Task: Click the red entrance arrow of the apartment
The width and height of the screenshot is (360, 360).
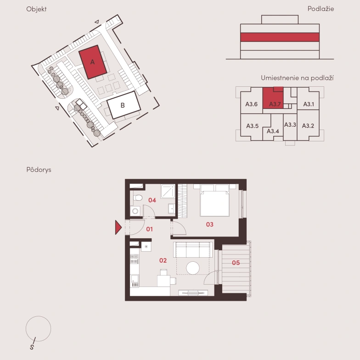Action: point(118,227)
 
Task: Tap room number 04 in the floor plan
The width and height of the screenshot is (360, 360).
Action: point(152,200)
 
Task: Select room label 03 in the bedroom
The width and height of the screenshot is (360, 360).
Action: point(209,224)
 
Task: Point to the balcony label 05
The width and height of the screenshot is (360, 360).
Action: point(236,263)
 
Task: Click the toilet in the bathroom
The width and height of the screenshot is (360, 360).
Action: point(138,197)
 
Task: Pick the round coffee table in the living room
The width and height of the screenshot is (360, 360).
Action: point(193,268)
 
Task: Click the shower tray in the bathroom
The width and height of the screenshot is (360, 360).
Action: point(168,191)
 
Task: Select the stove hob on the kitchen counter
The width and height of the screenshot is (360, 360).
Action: point(134,259)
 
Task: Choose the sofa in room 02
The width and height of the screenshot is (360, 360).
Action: point(193,250)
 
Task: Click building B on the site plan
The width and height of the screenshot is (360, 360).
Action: point(124,105)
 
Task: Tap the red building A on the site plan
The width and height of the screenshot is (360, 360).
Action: point(93,62)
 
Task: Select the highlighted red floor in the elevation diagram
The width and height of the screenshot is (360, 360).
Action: point(280,37)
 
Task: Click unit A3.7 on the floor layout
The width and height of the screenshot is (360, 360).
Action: point(273,98)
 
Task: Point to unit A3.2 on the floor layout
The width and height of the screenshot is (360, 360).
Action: point(308,125)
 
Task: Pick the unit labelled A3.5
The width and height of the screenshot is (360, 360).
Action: point(253,126)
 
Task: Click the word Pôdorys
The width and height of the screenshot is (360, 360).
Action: point(39,170)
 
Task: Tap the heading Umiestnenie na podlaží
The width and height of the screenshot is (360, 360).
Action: point(297,78)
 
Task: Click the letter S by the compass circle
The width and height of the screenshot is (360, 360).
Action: point(32,347)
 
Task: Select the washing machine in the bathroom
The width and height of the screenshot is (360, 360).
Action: point(135,211)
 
